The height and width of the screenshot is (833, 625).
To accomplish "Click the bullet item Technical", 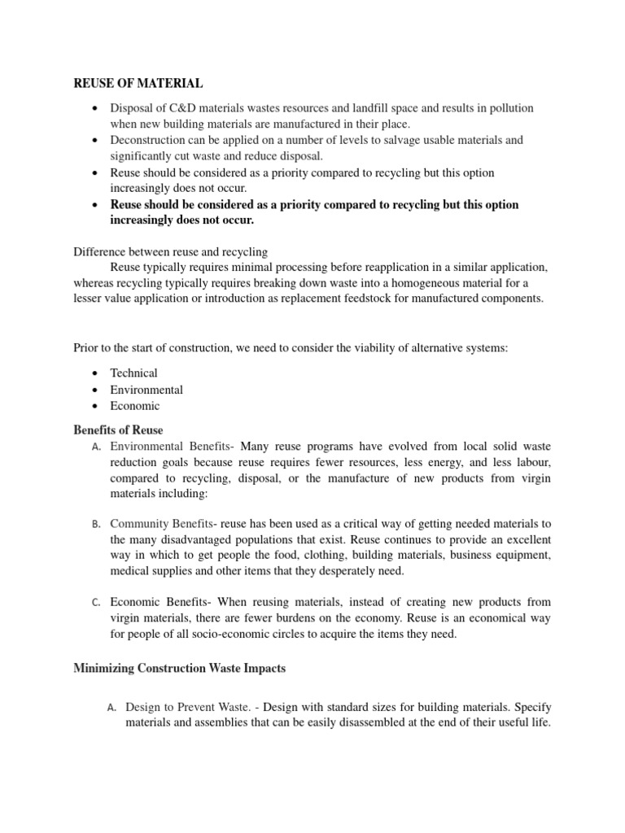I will click(134, 373).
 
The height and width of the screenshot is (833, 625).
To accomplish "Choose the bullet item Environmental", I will click(146, 390).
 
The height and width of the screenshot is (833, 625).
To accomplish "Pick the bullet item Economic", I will click(135, 406).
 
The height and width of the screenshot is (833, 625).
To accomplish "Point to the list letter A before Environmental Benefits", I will click(96, 447).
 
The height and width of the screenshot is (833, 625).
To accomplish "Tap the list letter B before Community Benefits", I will click(96, 524).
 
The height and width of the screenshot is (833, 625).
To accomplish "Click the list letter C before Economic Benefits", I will click(96, 603).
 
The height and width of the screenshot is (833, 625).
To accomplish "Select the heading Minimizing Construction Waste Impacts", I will click(179, 669).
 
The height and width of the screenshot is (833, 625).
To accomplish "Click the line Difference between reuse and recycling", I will click(171, 252).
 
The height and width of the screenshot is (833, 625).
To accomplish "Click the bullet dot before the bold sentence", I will click(97, 205).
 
